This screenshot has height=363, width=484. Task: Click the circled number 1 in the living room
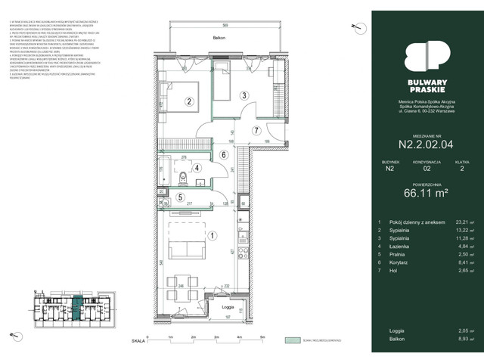coord(213,235)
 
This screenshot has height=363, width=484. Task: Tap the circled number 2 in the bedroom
coord(191,102)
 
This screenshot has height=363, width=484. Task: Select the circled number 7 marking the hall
coord(257,130)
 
